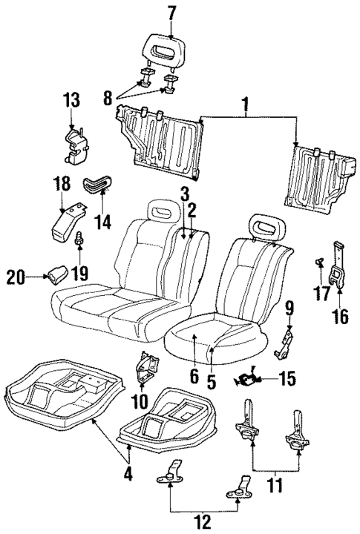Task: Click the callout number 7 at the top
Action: (x=171, y=12)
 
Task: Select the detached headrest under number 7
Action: (x=165, y=48)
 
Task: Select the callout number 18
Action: (x=62, y=183)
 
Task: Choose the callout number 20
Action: (x=14, y=277)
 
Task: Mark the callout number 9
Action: (x=290, y=306)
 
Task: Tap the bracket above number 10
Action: (x=145, y=369)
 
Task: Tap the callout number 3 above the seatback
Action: (x=183, y=195)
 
